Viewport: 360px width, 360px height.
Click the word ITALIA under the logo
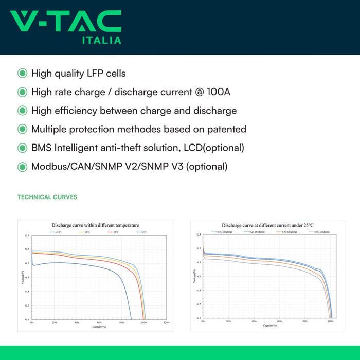tap(102, 40)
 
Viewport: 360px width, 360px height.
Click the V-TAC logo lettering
tap(66, 21)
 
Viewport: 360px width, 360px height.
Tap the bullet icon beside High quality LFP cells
tap(22, 74)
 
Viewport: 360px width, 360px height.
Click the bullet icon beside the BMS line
tap(22, 148)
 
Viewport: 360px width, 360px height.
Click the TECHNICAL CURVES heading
tap(47, 197)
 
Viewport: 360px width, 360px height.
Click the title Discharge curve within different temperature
tap(95, 225)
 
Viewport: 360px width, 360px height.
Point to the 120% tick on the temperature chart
tap(166, 323)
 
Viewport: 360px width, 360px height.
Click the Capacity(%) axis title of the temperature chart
tap(99, 327)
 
